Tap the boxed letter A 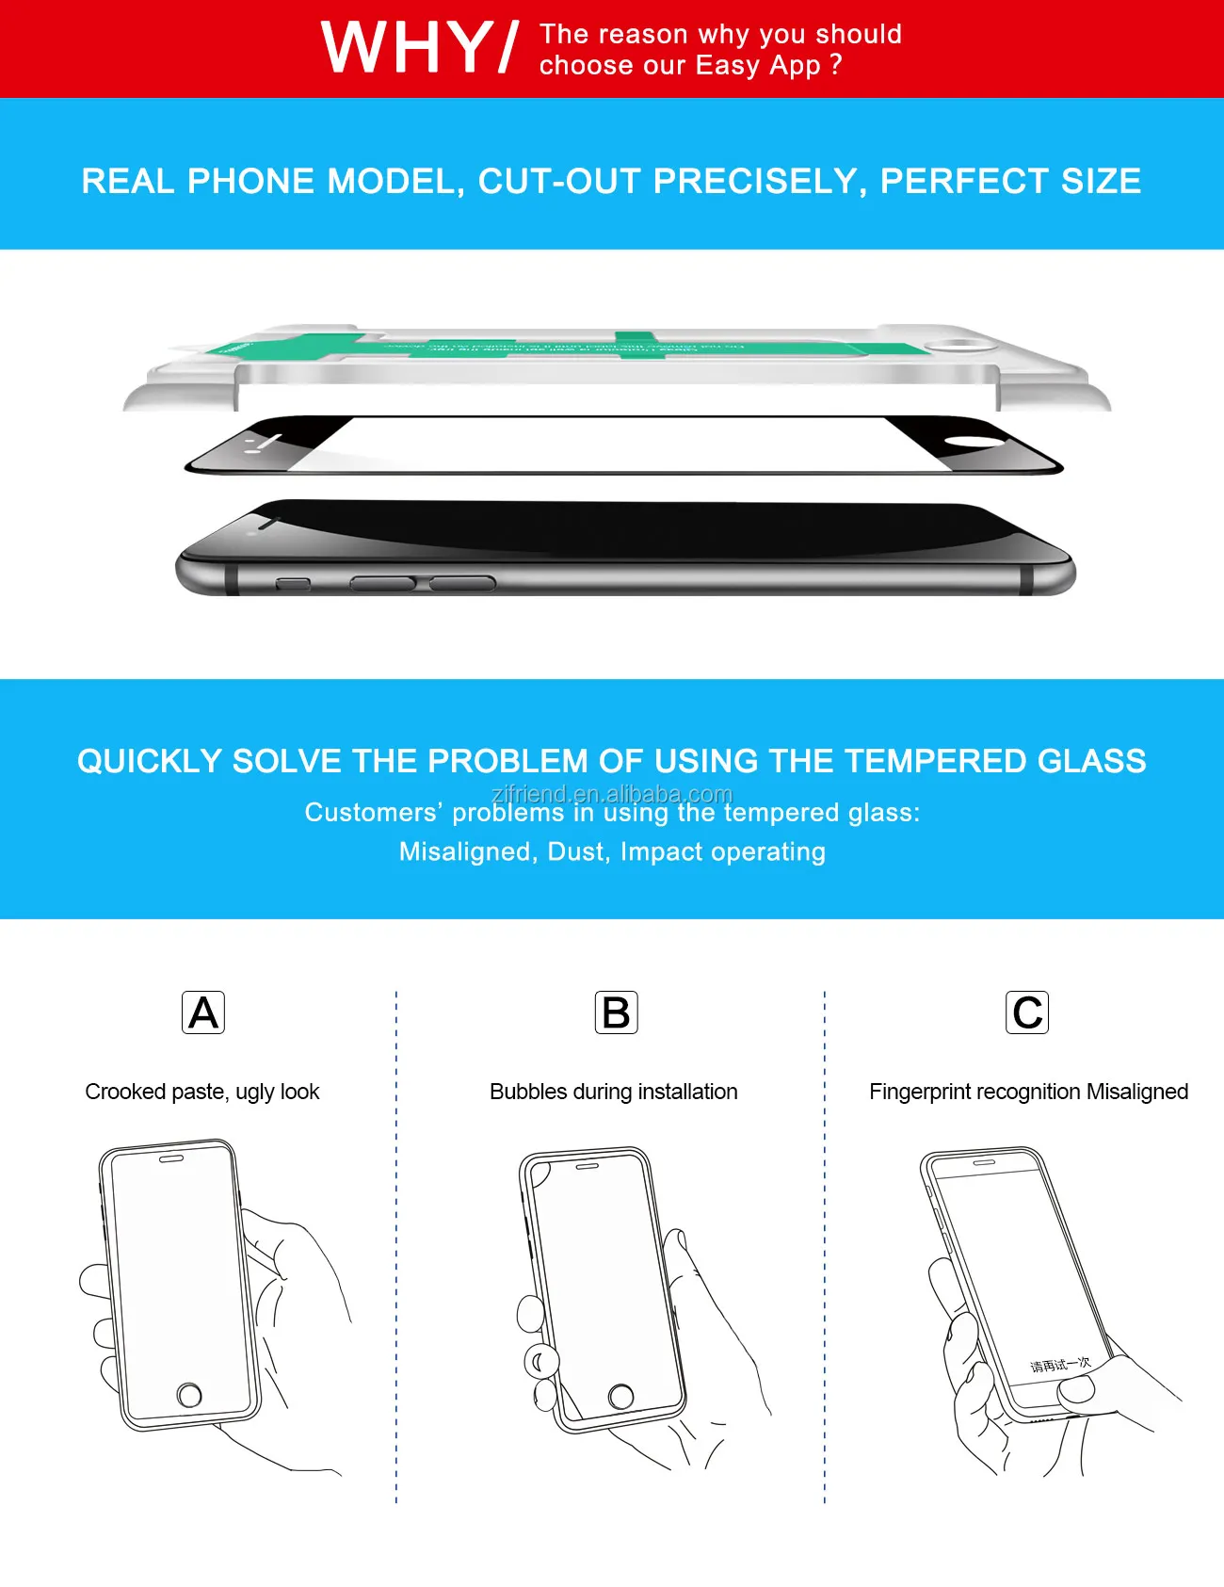point(203,1012)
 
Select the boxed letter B point(617,1012)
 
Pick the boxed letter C point(1027,1012)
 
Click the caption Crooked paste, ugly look point(202,1092)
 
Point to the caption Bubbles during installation point(613,1092)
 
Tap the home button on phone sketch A point(189,1395)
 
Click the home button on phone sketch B point(621,1396)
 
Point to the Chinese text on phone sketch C point(1059,1365)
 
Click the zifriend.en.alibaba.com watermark point(612,794)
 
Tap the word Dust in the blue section point(575,851)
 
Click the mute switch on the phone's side point(293,585)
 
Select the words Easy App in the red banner point(758,66)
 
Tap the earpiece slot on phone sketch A point(171,1159)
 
